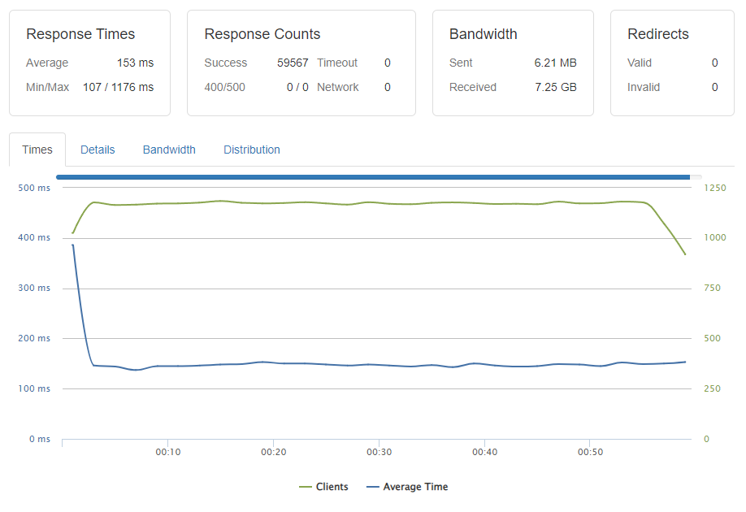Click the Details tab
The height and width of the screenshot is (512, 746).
point(98,150)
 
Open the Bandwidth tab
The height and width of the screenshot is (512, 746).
point(169,150)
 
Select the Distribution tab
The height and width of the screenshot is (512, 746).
point(252,150)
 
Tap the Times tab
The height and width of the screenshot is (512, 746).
point(37,150)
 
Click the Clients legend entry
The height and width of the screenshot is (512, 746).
point(323,487)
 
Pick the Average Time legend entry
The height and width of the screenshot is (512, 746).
point(407,487)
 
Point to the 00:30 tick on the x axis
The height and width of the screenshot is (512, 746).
point(380,452)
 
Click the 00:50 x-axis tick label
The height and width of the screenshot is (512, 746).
point(590,452)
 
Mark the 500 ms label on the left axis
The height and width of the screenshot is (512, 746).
point(34,188)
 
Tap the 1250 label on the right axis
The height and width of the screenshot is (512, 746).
point(715,188)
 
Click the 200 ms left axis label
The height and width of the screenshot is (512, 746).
point(34,338)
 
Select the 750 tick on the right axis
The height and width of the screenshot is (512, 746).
point(712,288)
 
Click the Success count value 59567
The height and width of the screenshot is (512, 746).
point(293,63)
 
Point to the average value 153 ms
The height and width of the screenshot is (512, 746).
point(135,63)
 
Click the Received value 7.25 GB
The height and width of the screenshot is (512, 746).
point(556,87)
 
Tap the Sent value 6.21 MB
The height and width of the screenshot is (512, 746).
point(555,63)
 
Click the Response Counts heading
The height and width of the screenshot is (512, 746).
point(262,34)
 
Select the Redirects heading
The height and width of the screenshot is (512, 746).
point(658,34)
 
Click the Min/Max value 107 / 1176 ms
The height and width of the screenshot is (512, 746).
point(118,87)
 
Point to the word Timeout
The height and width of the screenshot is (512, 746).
point(337,63)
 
